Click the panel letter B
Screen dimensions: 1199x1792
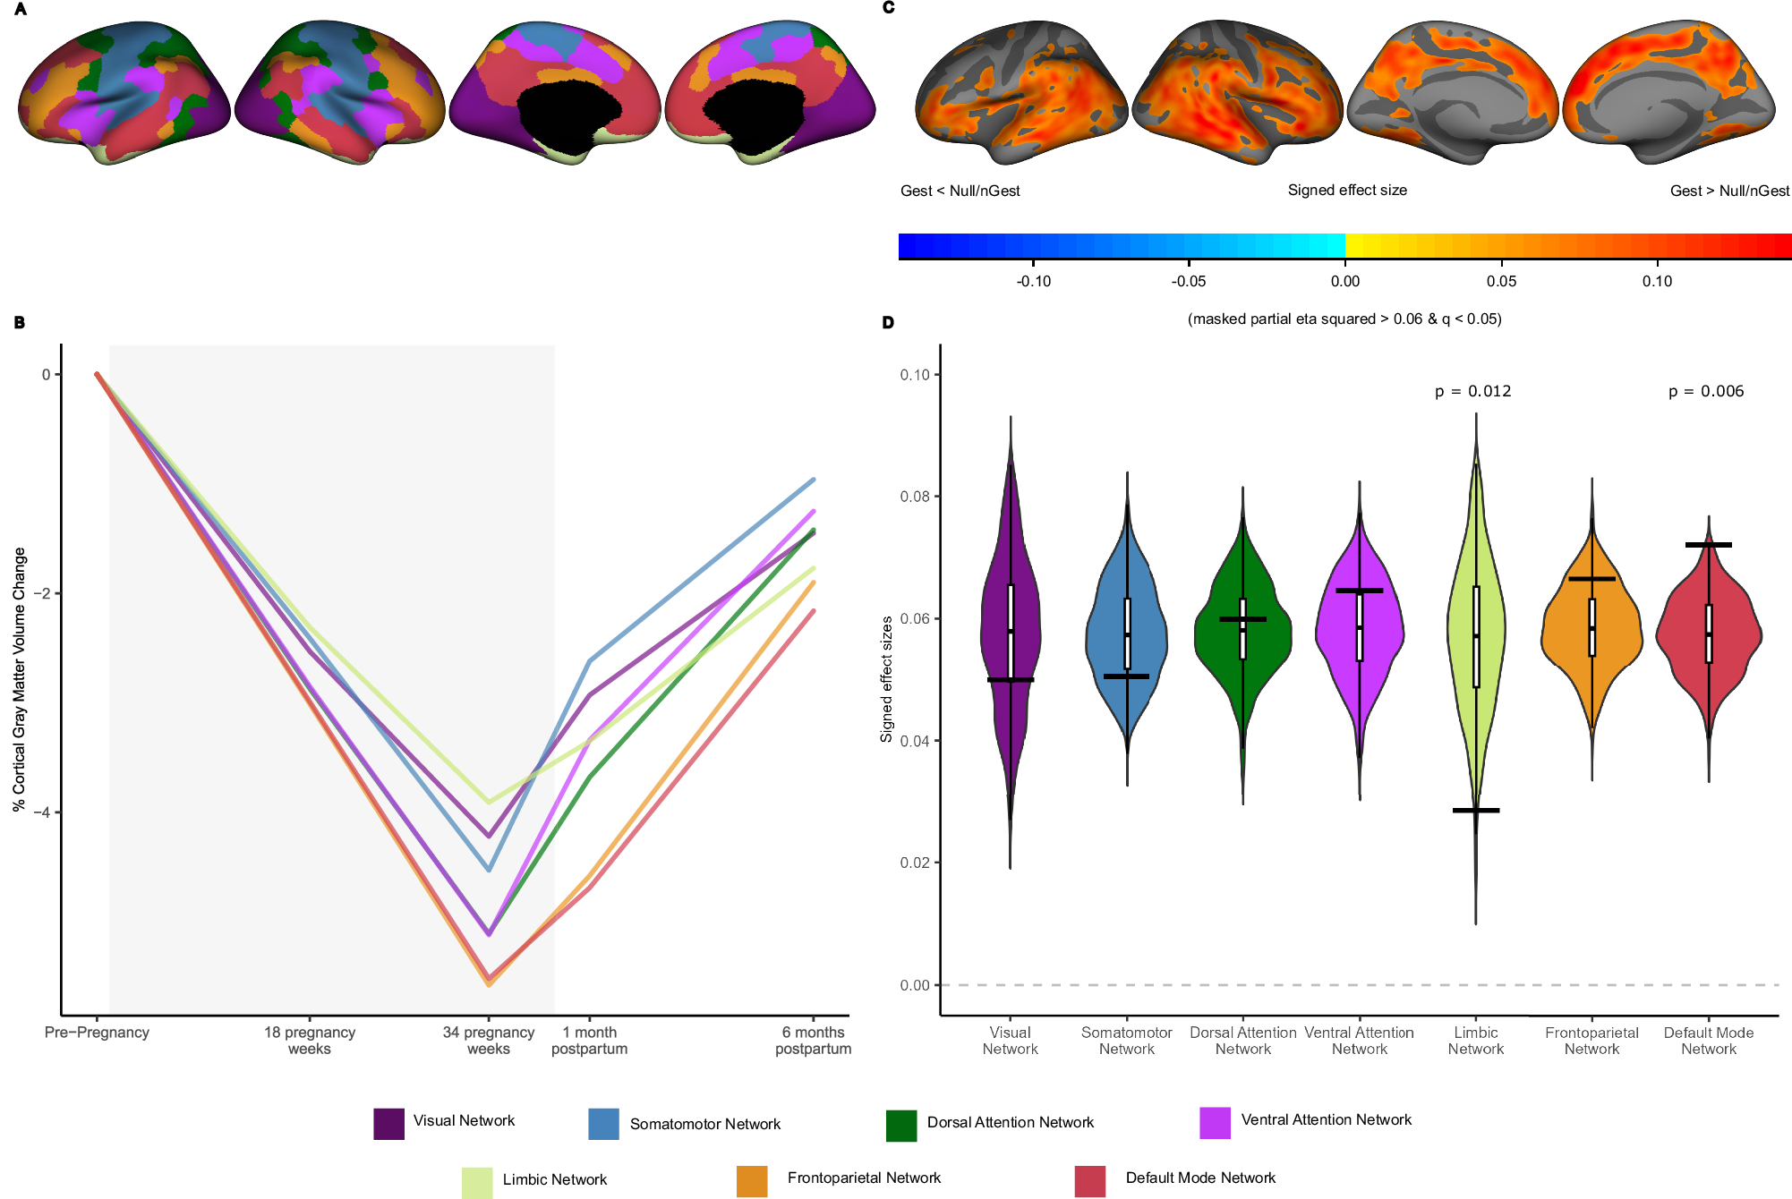coord(20,323)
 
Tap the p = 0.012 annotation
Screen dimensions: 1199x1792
coord(1472,391)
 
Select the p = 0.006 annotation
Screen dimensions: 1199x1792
coord(1706,391)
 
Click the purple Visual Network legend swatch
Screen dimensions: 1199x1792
coord(388,1124)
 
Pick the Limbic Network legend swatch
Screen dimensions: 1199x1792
coord(477,1182)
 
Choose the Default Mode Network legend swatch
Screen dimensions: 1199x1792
coord(1089,1181)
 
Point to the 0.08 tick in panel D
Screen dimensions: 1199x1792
coord(915,497)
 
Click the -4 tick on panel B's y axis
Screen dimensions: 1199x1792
coord(42,812)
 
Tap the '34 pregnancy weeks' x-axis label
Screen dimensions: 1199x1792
coord(489,1041)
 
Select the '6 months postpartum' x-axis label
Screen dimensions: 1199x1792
coord(813,1041)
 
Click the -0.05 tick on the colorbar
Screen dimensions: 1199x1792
coord(1188,281)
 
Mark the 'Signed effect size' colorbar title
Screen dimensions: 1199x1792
coord(1347,190)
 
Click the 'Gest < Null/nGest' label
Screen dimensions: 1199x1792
coord(960,191)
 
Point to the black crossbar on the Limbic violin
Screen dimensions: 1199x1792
coord(1476,811)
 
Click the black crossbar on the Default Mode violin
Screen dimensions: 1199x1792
coord(1708,545)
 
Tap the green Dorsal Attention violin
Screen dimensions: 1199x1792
coord(1242,635)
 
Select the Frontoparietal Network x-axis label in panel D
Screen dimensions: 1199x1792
coord(1591,1041)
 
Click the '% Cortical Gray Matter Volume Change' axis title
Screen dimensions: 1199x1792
coord(20,680)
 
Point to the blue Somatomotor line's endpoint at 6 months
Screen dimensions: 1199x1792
coord(813,480)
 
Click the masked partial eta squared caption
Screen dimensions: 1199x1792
coord(1344,319)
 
